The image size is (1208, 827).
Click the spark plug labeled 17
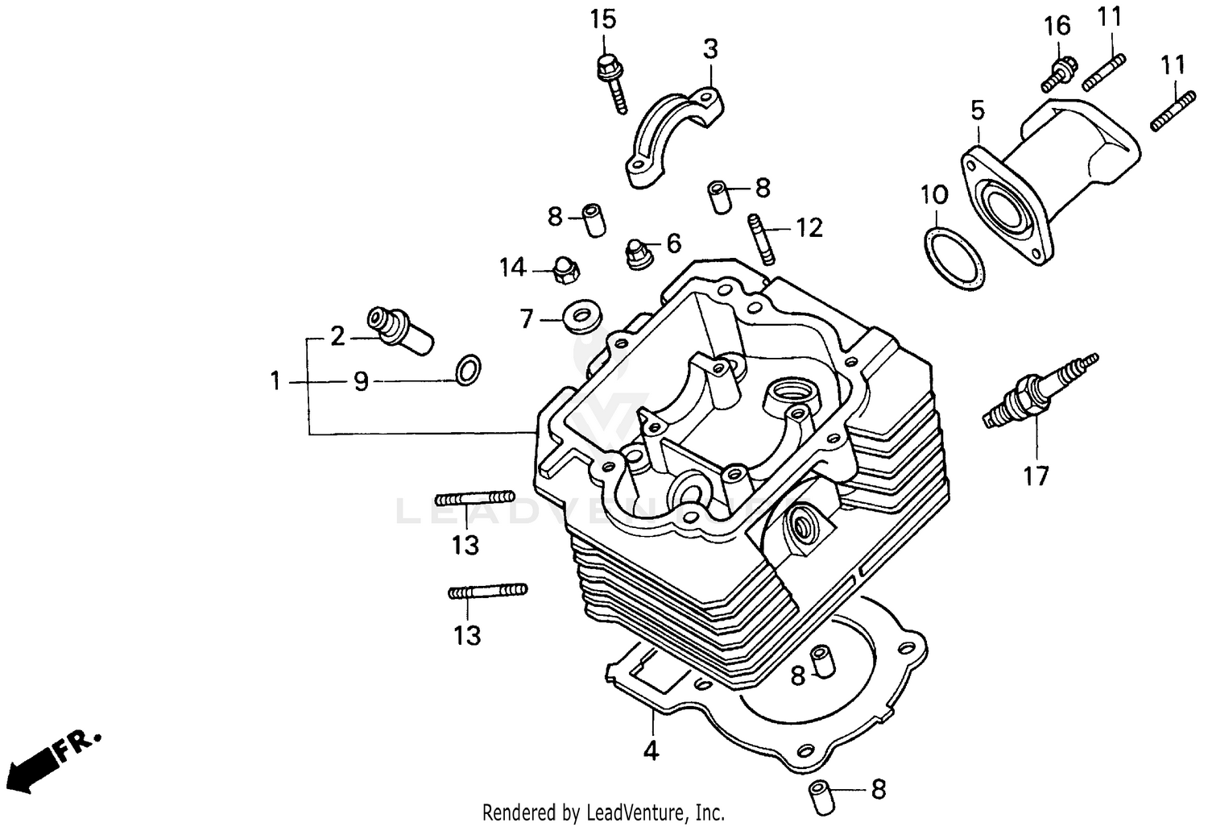1039,390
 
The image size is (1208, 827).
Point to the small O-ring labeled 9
468,369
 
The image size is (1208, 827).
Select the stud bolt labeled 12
762,237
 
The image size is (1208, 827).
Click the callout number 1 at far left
275,380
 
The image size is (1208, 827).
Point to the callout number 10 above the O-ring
934,195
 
